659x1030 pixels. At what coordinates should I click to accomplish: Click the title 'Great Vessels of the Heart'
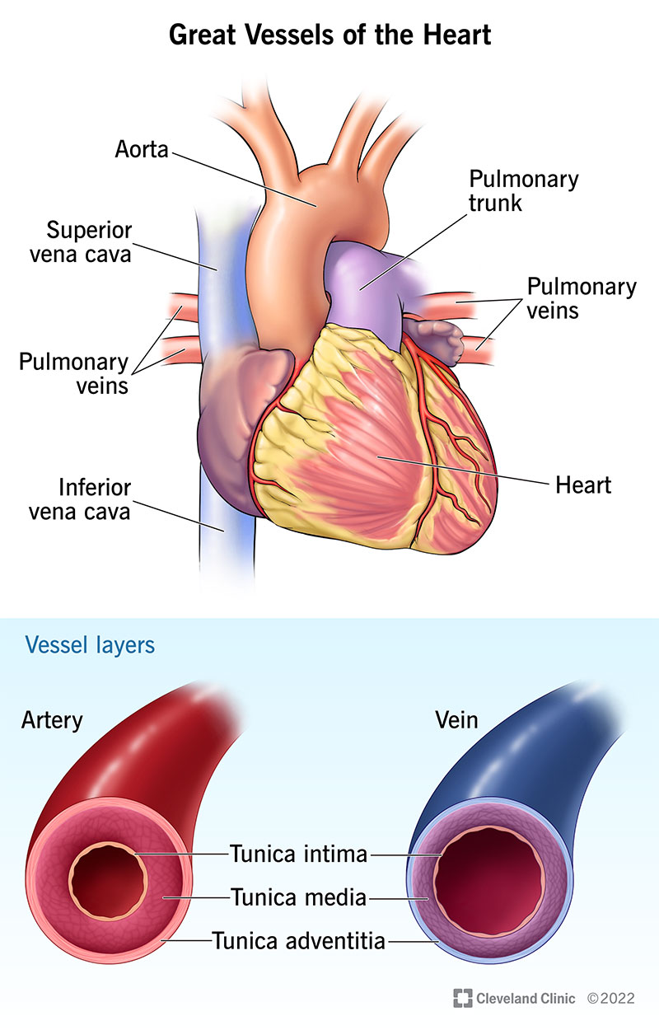pos(329,36)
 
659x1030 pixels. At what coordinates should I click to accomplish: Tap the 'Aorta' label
pos(142,149)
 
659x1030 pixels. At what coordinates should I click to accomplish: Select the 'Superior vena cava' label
pos(90,241)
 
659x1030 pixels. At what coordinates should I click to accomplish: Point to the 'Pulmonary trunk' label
pos(524,190)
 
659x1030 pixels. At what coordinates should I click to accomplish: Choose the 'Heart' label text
pos(583,485)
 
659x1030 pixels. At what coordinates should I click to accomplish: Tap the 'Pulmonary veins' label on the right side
pos(582,298)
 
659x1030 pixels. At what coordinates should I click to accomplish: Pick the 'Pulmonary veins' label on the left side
pos(74,372)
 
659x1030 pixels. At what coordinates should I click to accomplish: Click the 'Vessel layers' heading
pos(90,644)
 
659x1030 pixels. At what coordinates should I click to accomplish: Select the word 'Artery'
pos(53,720)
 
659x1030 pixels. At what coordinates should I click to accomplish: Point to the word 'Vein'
pos(456,720)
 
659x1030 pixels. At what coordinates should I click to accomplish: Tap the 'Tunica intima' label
pos(298,854)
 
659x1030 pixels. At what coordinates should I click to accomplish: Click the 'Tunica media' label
pos(298,897)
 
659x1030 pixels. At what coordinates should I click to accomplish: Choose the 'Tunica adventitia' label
pos(298,939)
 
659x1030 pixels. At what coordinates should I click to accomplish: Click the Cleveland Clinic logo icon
pos(462,998)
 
